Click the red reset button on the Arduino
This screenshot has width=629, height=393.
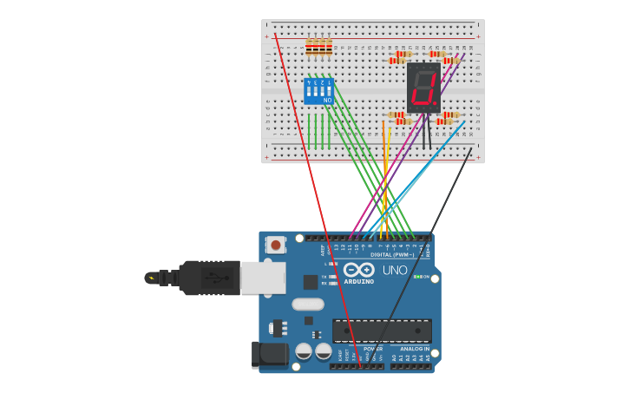coord(275,245)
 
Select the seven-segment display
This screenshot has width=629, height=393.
coord(423,88)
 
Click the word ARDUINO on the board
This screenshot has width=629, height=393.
coord(358,281)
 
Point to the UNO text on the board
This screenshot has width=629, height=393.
coord(395,271)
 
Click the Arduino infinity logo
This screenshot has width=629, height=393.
coord(357,270)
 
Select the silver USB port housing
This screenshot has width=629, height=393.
coord(262,278)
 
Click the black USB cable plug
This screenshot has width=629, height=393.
coord(209,278)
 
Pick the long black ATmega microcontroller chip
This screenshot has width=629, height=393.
coord(382,330)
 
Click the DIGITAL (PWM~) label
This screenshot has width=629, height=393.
coord(392,255)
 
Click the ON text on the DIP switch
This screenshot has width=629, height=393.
coord(327,101)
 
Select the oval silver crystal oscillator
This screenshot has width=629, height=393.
coord(307,304)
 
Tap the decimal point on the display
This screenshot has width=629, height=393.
coord(436,104)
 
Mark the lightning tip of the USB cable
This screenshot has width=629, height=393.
coord(151,278)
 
